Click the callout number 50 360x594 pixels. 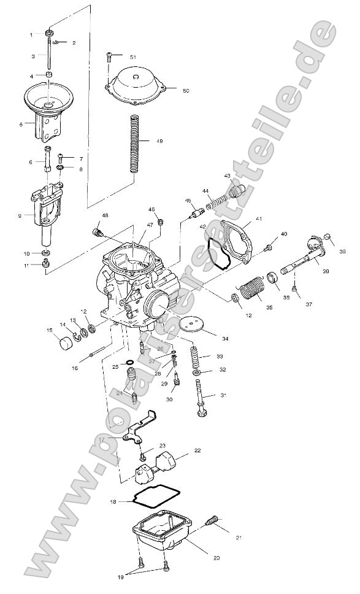tap(186, 90)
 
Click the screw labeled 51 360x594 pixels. tap(110, 57)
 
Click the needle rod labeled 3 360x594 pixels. tap(47, 55)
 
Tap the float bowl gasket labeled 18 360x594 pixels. tap(156, 497)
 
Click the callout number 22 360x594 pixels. tap(197, 450)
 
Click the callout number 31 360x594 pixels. tap(223, 395)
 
